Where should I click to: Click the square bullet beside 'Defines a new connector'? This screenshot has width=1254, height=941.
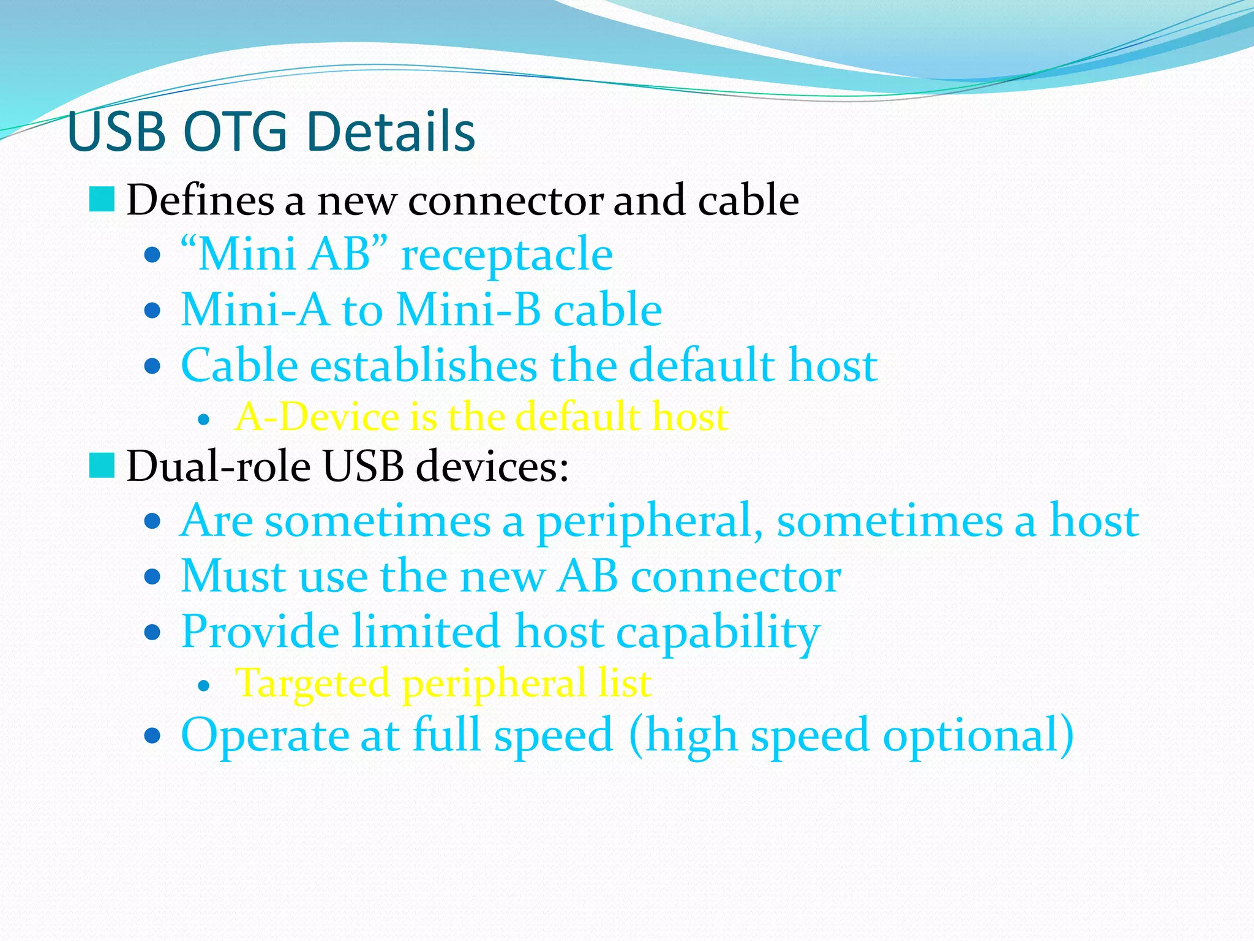[x=102, y=200]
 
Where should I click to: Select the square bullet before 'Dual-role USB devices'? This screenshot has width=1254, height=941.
[x=102, y=466]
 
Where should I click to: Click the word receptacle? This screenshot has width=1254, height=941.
[x=506, y=254]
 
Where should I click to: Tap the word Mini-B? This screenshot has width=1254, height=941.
[x=468, y=309]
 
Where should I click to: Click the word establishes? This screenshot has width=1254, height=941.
[x=423, y=365]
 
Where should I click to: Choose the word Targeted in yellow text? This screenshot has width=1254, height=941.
[x=312, y=683]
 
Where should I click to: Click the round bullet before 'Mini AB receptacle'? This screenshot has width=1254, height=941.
[x=152, y=255]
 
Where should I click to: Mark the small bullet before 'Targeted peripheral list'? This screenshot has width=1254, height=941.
[x=205, y=686]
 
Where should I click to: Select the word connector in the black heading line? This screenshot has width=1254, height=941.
[x=505, y=200]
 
